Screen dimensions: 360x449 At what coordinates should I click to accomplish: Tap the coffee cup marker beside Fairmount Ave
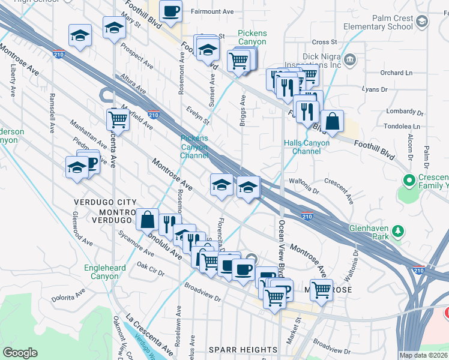tap(171, 11)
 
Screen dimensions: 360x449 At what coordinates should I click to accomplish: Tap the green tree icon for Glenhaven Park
tap(397, 231)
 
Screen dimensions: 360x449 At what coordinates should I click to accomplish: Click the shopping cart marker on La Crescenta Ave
tap(118, 120)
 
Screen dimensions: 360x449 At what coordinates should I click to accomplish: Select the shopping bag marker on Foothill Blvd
tap(332, 122)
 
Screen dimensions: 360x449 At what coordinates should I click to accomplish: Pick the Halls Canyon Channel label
tap(306, 147)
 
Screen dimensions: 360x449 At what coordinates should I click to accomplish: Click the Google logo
tap(20, 353)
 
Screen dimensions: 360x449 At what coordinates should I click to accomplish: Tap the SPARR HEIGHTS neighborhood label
tap(243, 350)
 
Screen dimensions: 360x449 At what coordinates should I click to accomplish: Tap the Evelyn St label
tap(197, 115)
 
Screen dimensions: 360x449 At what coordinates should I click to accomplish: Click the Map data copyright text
tap(424, 355)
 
